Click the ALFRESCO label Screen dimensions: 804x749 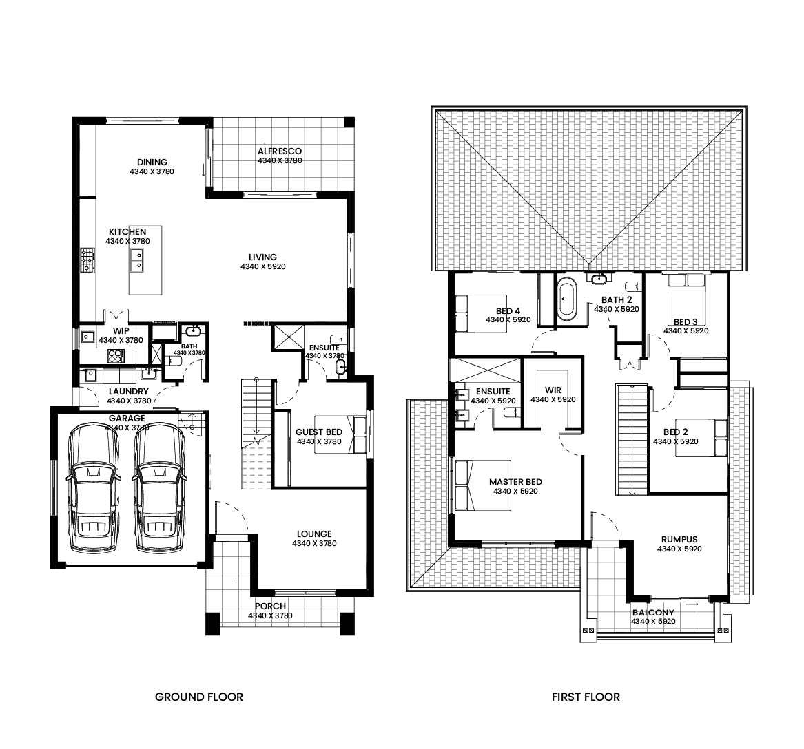[280, 151]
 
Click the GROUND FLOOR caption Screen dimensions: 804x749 [199, 697]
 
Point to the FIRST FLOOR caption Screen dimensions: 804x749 [586, 697]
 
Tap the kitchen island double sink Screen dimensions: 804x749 [137, 260]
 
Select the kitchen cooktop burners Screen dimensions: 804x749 [87, 260]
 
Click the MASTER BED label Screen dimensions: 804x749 [515, 482]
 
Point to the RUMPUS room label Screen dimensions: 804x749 [679, 539]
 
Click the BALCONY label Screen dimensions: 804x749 [653, 612]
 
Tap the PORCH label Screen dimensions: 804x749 [270, 606]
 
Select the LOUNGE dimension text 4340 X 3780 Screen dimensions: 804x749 [314, 543]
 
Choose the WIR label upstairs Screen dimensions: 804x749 [553, 390]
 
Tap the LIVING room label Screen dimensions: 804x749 [262, 257]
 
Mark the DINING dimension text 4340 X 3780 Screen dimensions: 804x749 [152, 171]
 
